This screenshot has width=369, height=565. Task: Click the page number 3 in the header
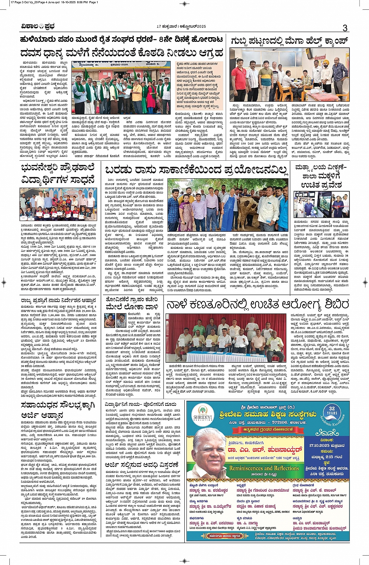345,27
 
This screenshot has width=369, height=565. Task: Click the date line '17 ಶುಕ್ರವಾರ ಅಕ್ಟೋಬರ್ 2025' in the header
181,26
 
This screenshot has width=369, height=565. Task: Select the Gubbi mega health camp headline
289,41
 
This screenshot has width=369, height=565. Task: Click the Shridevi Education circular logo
203,414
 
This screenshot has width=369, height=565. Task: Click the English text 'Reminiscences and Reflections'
264,468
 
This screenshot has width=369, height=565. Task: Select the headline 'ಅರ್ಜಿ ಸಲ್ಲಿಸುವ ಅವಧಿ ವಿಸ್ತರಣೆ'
142,465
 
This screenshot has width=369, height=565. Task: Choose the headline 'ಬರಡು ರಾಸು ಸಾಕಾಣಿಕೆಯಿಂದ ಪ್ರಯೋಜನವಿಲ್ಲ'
196,170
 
